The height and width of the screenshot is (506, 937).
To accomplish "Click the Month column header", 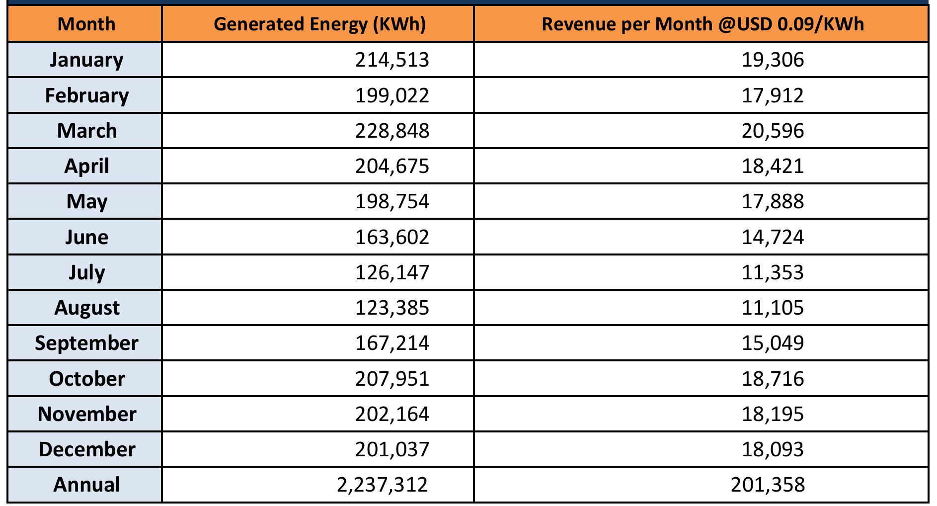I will pyautogui.click(x=86, y=24).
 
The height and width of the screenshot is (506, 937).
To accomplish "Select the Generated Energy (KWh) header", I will pyautogui.click(x=319, y=24).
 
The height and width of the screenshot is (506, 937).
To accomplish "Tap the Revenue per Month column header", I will pyautogui.click(x=703, y=24).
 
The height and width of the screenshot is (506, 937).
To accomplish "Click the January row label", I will pyautogui.click(x=86, y=60).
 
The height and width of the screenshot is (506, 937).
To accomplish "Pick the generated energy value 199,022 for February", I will pyautogui.click(x=391, y=95).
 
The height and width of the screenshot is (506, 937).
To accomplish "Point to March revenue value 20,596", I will pyautogui.click(x=773, y=131).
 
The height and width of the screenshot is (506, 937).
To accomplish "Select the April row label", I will pyautogui.click(x=86, y=166).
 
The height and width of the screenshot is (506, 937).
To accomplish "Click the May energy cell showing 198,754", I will pyautogui.click(x=391, y=201).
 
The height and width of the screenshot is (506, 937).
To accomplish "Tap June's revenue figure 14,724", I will pyautogui.click(x=773, y=237).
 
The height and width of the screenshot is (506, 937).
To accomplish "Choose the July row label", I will pyautogui.click(x=86, y=272).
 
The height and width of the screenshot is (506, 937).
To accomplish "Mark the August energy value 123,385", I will pyautogui.click(x=391, y=308).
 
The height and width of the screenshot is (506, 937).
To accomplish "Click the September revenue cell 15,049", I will pyautogui.click(x=773, y=343).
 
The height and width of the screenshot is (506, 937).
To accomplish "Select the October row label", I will pyautogui.click(x=86, y=379).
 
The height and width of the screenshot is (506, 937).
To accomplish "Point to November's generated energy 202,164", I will pyautogui.click(x=391, y=414).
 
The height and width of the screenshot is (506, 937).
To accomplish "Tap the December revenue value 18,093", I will pyautogui.click(x=773, y=449).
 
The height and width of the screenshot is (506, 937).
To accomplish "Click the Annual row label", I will pyautogui.click(x=86, y=485).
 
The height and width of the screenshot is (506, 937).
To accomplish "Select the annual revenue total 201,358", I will pyautogui.click(x=768, y=485).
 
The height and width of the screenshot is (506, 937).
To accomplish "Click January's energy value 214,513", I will pyautogui.click(x=391, y=60).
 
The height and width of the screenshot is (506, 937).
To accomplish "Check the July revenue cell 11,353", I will pyautogui.click(x=773, y=272).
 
